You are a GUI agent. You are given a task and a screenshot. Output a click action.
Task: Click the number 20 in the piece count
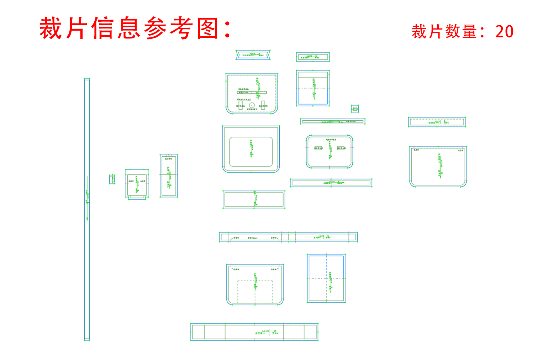[504, 32]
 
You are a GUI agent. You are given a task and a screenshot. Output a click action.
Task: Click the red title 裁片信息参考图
[135, 28]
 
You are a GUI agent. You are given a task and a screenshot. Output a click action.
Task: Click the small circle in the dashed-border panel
[252, 105]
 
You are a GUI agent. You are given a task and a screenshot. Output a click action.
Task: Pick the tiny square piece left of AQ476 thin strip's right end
[355, 109]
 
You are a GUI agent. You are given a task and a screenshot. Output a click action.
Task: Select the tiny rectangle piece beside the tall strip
[112, 179]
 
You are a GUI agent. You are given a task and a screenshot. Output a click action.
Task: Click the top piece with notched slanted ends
[253, 55]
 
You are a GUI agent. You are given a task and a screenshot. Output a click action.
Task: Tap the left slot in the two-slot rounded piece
[318, 148]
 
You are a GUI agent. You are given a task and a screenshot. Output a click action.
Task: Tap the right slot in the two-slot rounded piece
[341, 148]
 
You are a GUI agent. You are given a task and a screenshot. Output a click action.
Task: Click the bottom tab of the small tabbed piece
[137, 197]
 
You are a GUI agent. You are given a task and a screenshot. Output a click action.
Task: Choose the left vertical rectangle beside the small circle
[241, 105]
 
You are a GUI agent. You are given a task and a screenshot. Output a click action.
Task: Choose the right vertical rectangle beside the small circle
[263, 105]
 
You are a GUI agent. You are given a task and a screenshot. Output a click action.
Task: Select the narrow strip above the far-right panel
[437, 122]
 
